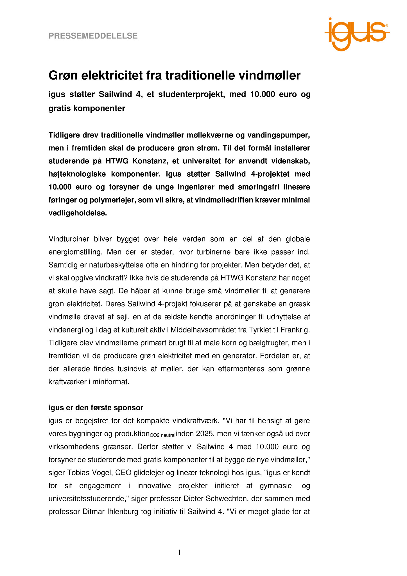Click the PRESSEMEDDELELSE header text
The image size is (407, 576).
click(x=93, y=36)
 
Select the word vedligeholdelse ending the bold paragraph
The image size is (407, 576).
click(x=77, y=213)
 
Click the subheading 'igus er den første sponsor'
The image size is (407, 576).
click(x=96, y=408)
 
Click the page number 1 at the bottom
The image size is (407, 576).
click(x=179, y=553)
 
